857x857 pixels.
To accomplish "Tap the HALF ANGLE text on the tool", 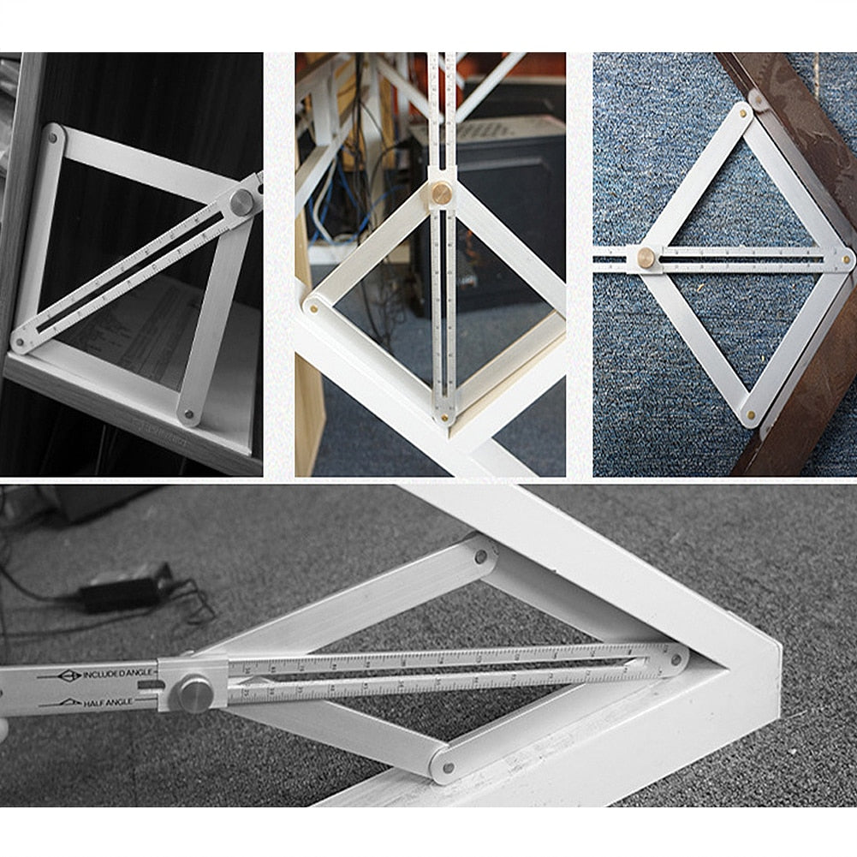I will click(x=107, y=703).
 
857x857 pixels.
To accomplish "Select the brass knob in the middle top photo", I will click(x=441, y=193).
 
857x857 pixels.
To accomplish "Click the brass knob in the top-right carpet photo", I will click(x=646, y=257).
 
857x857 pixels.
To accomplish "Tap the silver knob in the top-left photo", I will click(x=242, y=203).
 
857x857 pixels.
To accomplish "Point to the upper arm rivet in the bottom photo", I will click(x=480, y=556).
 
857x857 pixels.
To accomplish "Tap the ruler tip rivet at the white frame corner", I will click(x=675, y=659).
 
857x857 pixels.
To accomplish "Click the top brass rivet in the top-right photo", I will click(x=741, y=109).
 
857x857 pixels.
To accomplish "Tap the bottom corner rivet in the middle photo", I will click(x=443, y=417).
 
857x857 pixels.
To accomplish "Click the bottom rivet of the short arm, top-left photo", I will click(x=189, y=417).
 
